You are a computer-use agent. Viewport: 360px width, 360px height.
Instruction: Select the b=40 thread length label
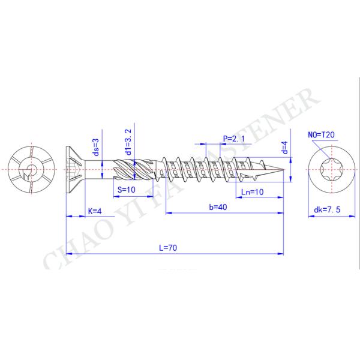[x=218, y=206]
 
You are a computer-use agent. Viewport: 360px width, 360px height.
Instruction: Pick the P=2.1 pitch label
[x=235, y=139]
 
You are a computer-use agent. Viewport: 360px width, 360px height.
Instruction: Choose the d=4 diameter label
[x=284, y=147]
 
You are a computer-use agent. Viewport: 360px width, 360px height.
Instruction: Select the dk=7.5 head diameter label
[x=327, y=210]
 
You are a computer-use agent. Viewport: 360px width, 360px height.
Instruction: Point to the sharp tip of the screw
[x=282, y=170]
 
